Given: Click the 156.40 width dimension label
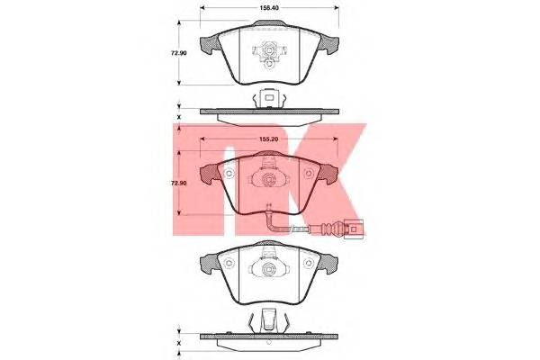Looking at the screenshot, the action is (x=269, y=7).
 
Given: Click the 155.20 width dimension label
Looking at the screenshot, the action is (x=269, y=139).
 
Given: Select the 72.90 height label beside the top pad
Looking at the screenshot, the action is (x=179, y=53).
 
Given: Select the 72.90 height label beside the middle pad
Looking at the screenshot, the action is (x=179, y=183).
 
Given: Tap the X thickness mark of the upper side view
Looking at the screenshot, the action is (x=179, y=117).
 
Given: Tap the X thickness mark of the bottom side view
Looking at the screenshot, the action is (x=179, y=343).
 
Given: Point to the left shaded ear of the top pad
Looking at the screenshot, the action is (x=210, y=45).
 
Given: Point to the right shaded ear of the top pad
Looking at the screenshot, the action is (x=328, y=45).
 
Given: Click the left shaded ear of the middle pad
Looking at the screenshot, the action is (x=210, y=175).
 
